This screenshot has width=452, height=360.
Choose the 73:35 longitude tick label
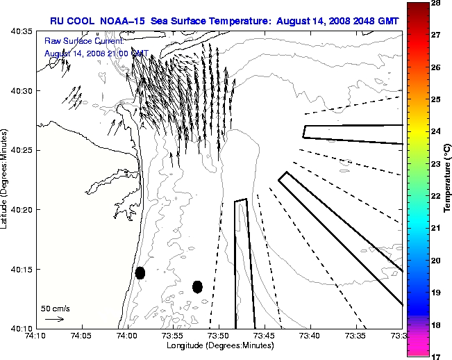click(x=356, y=336)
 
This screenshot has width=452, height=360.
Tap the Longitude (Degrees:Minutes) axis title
click(x=219, y=345)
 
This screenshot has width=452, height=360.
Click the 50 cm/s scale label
click(x=55, y=308)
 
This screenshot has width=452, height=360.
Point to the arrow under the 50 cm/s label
click(x=55, y=319)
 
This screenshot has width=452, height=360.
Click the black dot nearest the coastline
click(x=140, y=272)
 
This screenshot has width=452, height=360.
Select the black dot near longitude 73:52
click(x=197, y=286)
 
